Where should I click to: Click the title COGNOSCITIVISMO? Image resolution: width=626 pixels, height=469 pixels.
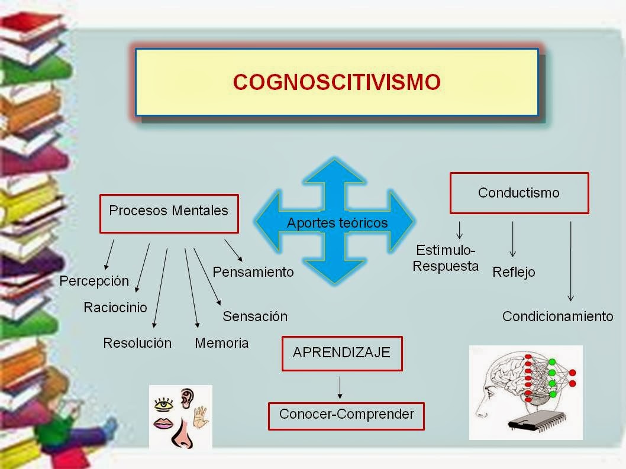[x=337, y=82]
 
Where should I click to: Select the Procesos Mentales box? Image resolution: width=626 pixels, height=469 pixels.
[x=169, y=212]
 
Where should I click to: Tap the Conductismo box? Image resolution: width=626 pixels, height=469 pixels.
[x=519, y=193]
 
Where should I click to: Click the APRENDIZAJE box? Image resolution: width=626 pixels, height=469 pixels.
[x=341, y=353]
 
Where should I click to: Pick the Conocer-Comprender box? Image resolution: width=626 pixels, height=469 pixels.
[x=346, y=415]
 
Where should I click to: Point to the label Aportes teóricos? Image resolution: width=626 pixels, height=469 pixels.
[x=337, y=223]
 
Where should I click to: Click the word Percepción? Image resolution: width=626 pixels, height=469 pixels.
[x=94, y=281]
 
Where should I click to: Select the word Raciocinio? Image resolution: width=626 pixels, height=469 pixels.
[x=115, y=308]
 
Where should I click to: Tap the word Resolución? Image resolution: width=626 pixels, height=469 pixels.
[x=137, y=343]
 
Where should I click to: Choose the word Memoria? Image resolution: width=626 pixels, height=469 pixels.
[x=222, y=343]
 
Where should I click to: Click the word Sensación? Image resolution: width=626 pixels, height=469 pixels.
[x=255, y=316]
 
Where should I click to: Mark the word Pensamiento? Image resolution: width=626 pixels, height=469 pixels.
[x=253, y=272]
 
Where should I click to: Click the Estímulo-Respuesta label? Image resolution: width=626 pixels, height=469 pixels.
[x=446, y=258]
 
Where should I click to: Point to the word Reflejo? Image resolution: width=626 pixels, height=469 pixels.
[x=514, y=272]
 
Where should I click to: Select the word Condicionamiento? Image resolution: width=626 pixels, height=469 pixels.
[x=557, y=316]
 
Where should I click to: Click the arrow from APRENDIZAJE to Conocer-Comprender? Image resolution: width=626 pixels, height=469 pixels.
[x=340, y=387]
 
